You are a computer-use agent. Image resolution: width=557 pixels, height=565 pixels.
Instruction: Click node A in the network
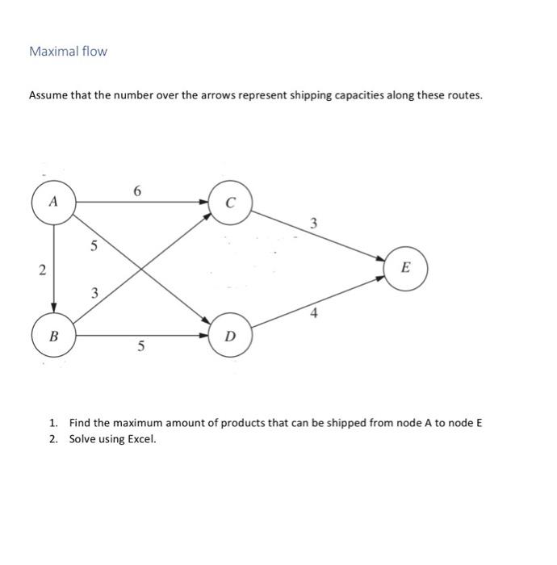pyautogui.click(x=53, y=202)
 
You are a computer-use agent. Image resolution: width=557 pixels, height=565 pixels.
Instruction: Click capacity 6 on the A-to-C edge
pyautogui.click(x=137, y=191)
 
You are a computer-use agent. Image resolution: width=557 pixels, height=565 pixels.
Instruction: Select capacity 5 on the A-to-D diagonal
pyautogui.click(x=94, y=246)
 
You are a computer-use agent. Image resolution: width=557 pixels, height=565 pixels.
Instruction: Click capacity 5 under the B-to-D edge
pyautogui.click(x=140, y=348)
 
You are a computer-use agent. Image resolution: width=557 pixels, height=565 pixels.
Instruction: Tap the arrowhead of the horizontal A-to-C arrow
pyautogui.click(x=204, y=202)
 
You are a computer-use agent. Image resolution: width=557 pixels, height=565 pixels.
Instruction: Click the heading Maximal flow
pyautogui.click(x=68, y=52)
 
